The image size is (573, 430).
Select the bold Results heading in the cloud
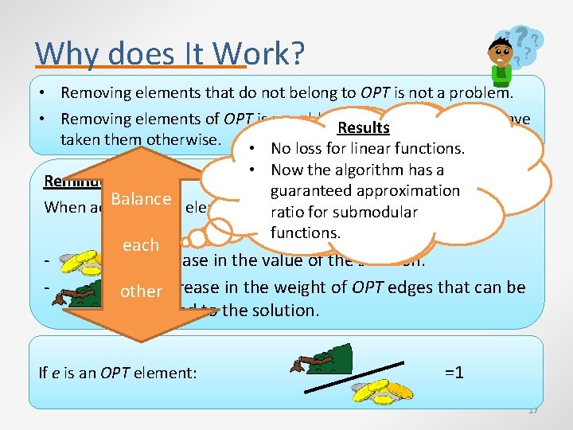point(363,127)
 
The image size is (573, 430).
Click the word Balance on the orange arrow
point(141,198)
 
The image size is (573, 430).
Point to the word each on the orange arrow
point(141,244)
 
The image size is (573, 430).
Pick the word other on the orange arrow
point(141,291)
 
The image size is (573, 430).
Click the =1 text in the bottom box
point(454,372)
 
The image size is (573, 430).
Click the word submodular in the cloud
point(378,212)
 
